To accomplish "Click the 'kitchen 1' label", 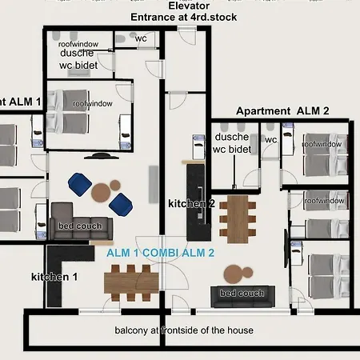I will (x=54, y=277).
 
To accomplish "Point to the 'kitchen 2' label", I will (x=191, y=204).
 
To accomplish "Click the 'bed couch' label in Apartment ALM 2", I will (x=242, y=294).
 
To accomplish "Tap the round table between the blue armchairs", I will (x=102, y=193).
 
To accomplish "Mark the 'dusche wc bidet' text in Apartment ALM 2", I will (x=233, y=142).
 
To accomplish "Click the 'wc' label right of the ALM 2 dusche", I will (x=270, y=139).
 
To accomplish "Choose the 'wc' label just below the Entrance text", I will (x=140, y=38).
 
